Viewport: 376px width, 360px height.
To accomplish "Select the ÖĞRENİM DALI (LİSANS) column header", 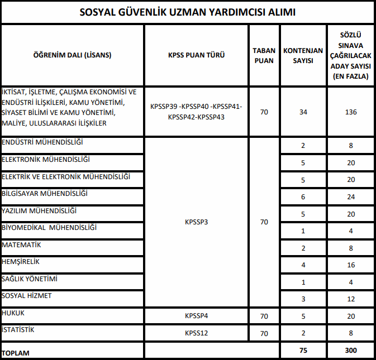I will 72,55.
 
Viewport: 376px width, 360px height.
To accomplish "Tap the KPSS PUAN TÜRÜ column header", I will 196,55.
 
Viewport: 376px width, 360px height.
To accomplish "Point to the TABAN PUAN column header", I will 264,55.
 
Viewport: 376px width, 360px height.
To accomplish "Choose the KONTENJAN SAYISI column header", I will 303,55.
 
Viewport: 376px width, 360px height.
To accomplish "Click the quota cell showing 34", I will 303,112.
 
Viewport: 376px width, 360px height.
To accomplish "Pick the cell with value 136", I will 351,112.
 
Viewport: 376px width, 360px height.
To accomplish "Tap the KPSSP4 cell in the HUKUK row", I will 196,316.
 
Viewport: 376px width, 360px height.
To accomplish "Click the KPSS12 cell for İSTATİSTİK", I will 196,334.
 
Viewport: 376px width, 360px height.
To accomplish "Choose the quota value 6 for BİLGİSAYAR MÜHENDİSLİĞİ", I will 303,197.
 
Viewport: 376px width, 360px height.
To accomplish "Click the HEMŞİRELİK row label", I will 21,262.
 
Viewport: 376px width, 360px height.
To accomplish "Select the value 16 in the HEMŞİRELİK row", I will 351,265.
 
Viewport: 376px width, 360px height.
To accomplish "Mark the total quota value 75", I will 303,351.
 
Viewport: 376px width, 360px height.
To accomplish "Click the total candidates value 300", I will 351,351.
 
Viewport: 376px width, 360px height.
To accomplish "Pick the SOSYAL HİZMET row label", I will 27,296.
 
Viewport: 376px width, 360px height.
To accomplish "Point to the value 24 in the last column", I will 351,197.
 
